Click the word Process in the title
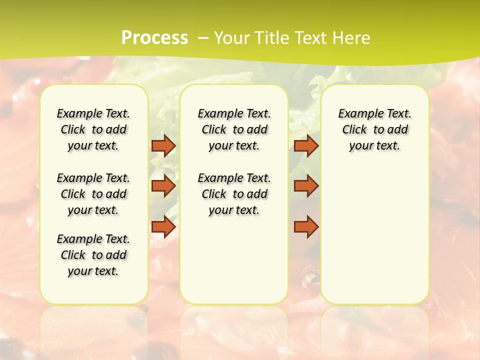pyautogui.click(x=154, y=38)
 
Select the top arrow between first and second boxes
pyautogui.click(x=163, y=146)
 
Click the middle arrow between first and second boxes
pyautogui.click(x=163, y=186)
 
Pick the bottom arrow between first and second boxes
pyautogui.click(x=163, y=227)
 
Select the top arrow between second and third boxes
pyautogui.click(x=306, y=146)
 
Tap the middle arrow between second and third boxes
pyautogui.click(x=306, y=186)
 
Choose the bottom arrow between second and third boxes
pyautogui.click(x=306, y=227)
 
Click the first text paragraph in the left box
pyautogui.click(x=93, y=129)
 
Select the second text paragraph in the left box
pyautogui.click(x=93, y=194)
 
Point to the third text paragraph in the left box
pyautogui.click(x=93, y=255)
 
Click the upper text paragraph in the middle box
pyautogui.click(x=234, y=129)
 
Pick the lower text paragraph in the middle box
pyautogui.click(x=234, y=194)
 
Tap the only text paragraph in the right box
pyautogui.click(x=374, y=129)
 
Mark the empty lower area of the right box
pyautogui.click(x=374, y=230)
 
